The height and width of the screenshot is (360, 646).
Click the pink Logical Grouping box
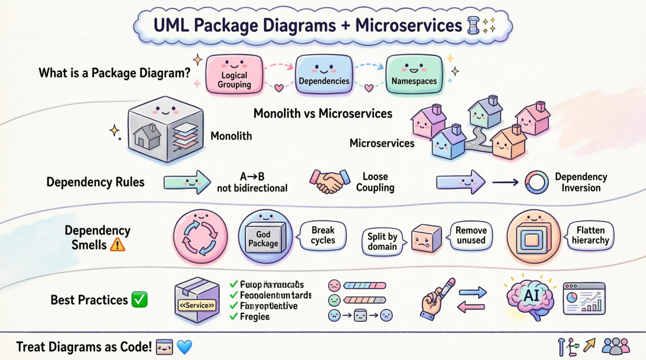[234, 74]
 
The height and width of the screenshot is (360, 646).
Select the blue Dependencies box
[324, 74]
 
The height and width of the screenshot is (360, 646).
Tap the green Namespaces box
[414, 74]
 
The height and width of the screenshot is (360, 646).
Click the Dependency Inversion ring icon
[537, 182]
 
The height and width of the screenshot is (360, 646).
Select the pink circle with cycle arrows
[200, 237]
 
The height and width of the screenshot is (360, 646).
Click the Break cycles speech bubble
[323, 235]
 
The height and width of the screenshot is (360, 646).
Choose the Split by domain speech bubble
[382, 241]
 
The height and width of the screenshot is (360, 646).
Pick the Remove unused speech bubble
[471, 235]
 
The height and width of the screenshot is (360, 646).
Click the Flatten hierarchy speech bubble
[590, 235]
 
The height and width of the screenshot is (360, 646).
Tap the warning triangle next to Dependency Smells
[118, 245]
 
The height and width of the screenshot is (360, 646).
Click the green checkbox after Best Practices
[139, 300]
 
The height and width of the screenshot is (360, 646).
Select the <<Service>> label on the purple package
[197, 305]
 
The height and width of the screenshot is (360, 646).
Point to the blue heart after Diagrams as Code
[184, 347]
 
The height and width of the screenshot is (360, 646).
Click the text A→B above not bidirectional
[252, 177]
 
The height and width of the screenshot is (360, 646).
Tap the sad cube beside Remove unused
[425, 238]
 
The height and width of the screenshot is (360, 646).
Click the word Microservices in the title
[408, 26]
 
